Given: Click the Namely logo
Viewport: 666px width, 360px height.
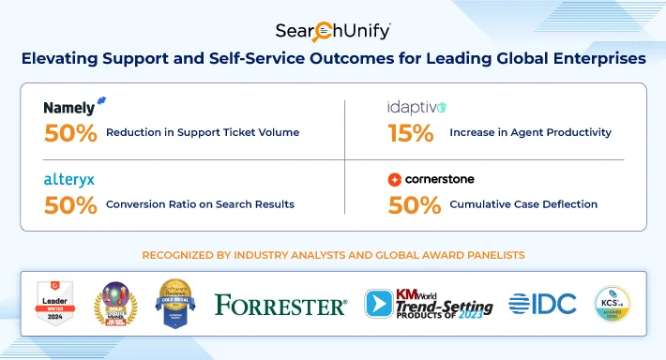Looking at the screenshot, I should [74, 107].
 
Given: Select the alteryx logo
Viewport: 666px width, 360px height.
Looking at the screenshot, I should [68, 178].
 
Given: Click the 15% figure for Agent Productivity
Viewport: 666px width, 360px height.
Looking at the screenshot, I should [411, 132].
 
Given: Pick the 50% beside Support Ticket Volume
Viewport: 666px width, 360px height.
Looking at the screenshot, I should [70, 132].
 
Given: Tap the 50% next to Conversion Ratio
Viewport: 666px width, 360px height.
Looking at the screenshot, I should [70, 203].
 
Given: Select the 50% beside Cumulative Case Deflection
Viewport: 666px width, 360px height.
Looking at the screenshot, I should [414, 203].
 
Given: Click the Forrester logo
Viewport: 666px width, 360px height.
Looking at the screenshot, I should [280, 305].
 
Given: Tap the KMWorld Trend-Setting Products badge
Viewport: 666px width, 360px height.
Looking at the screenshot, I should [427, 304].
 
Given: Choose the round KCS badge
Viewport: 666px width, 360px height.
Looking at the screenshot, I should [613, 304].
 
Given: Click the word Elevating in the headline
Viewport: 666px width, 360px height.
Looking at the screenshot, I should [62, 59].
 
